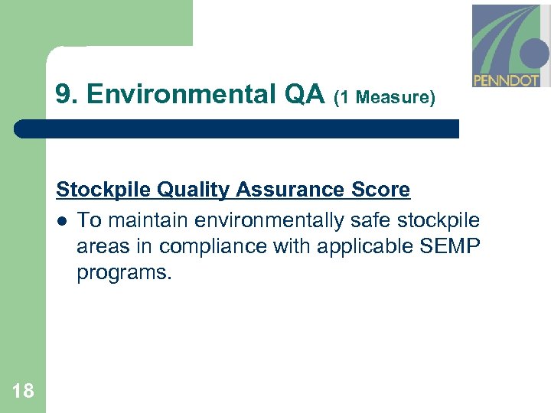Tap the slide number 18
pos(23,392)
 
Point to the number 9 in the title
pos(64,95)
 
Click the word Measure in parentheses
pos(393,97)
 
